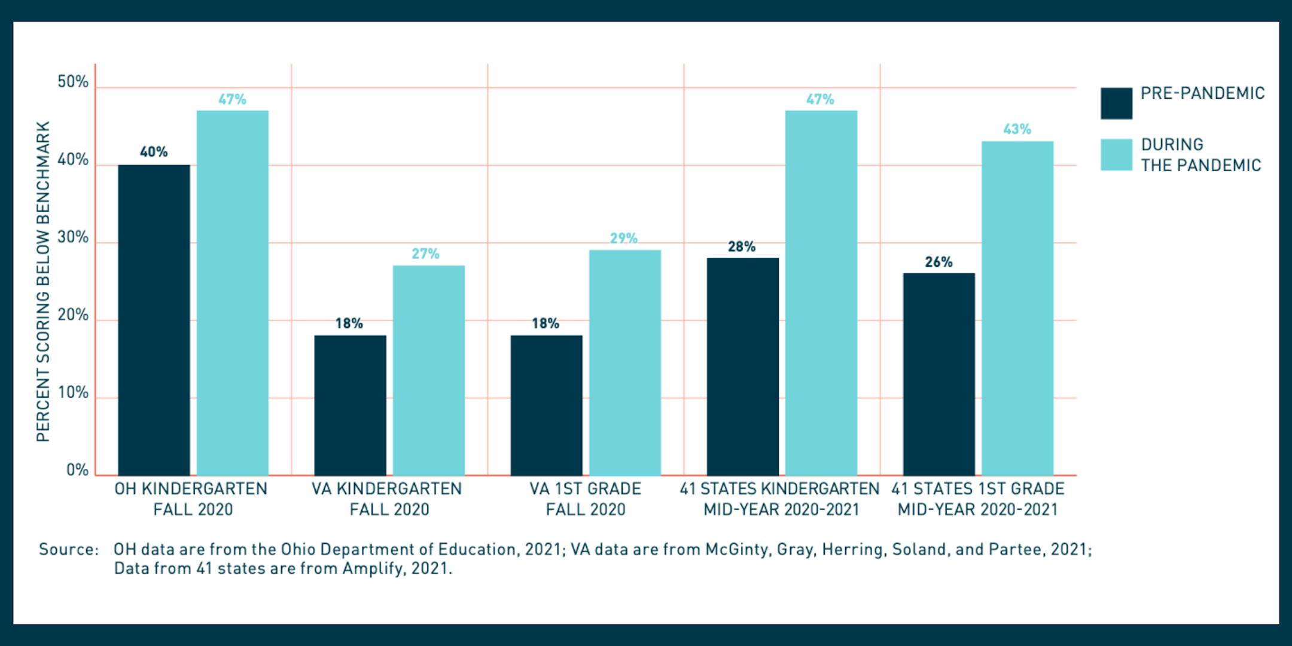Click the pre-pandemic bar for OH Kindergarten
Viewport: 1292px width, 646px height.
click(x=154, y=320)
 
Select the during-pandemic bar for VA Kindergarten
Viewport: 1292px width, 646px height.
click(x=428, y=371)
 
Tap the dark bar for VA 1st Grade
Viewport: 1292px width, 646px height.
click(x=546, y=406)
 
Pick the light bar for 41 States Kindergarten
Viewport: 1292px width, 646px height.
click(x=821, y=293)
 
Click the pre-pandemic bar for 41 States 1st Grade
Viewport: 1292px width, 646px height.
click(x=938, y=374)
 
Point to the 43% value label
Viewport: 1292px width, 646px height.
click(x=1017, y=129)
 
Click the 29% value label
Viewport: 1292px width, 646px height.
click(x=623, y=239)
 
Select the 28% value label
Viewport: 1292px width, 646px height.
click(x=741, y=246)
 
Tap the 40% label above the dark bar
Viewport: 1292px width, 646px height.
click(x=154, y=152)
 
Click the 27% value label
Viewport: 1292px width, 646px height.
click(x=425, y=254)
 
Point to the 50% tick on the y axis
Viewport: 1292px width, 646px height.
click(x=73, y=82)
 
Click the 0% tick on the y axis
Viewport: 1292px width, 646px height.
click(x=77, y=470)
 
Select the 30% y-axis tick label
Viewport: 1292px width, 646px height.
click(x=73, y=237)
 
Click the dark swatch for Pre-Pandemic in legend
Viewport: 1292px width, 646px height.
click(x=1116, y=103)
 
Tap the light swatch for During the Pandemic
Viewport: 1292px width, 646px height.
click(x=1116, y=155)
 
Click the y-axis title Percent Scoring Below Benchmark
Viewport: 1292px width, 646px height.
click(x=43, y=281)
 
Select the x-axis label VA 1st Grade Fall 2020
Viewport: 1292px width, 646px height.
click(x=585, y=499)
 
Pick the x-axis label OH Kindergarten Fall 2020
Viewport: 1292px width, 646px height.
click(x=191, y=499)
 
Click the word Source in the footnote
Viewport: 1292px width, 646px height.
click(x=68, y=549)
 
